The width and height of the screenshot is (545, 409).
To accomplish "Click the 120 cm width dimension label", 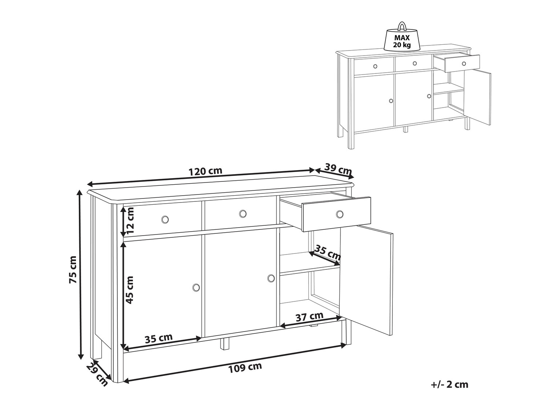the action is coord(205,171).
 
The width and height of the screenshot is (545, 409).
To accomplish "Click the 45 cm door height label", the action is coord(130,290).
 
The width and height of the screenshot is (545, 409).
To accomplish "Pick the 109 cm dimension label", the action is coord(245,374).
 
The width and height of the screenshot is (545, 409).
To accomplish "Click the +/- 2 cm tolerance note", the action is coord(450,385).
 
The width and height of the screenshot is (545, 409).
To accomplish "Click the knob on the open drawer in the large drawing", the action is coord(339,214).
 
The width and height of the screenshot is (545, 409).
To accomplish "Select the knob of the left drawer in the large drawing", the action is coord(165,219).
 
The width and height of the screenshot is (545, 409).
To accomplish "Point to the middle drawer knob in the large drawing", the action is coord(243,213).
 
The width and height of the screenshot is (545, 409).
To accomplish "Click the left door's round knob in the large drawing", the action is coord(196,287).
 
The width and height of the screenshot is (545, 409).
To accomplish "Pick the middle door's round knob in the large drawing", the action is coord(271,278).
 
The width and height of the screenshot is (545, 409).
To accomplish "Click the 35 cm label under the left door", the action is coord(159,338).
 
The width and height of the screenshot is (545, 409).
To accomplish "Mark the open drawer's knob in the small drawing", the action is coord(464,64).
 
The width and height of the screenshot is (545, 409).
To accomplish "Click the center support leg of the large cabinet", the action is coord(225,343).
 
